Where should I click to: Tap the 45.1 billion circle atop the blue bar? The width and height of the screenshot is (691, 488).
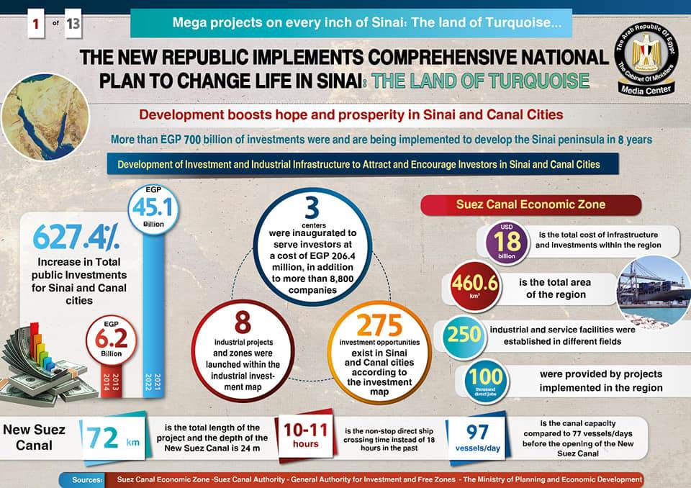click(156, 209)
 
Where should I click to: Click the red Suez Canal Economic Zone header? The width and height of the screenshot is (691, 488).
click(530, 204)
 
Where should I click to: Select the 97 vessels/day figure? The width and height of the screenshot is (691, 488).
click(477, 435)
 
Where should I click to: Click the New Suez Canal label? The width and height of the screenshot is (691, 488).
click(35, 437)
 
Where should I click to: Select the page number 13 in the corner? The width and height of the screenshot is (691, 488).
click(73, 24)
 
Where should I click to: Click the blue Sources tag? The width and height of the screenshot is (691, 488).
click(88, 479)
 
